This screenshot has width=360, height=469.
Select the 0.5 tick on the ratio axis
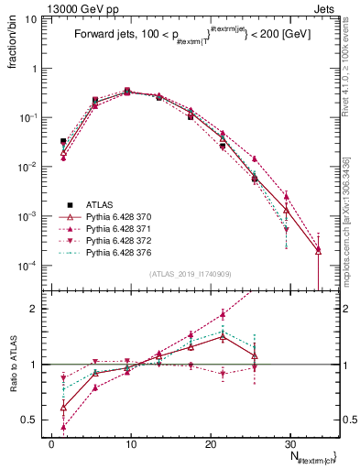(x=32, y=420)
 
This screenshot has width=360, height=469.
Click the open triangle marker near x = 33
(x=318, y=249)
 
